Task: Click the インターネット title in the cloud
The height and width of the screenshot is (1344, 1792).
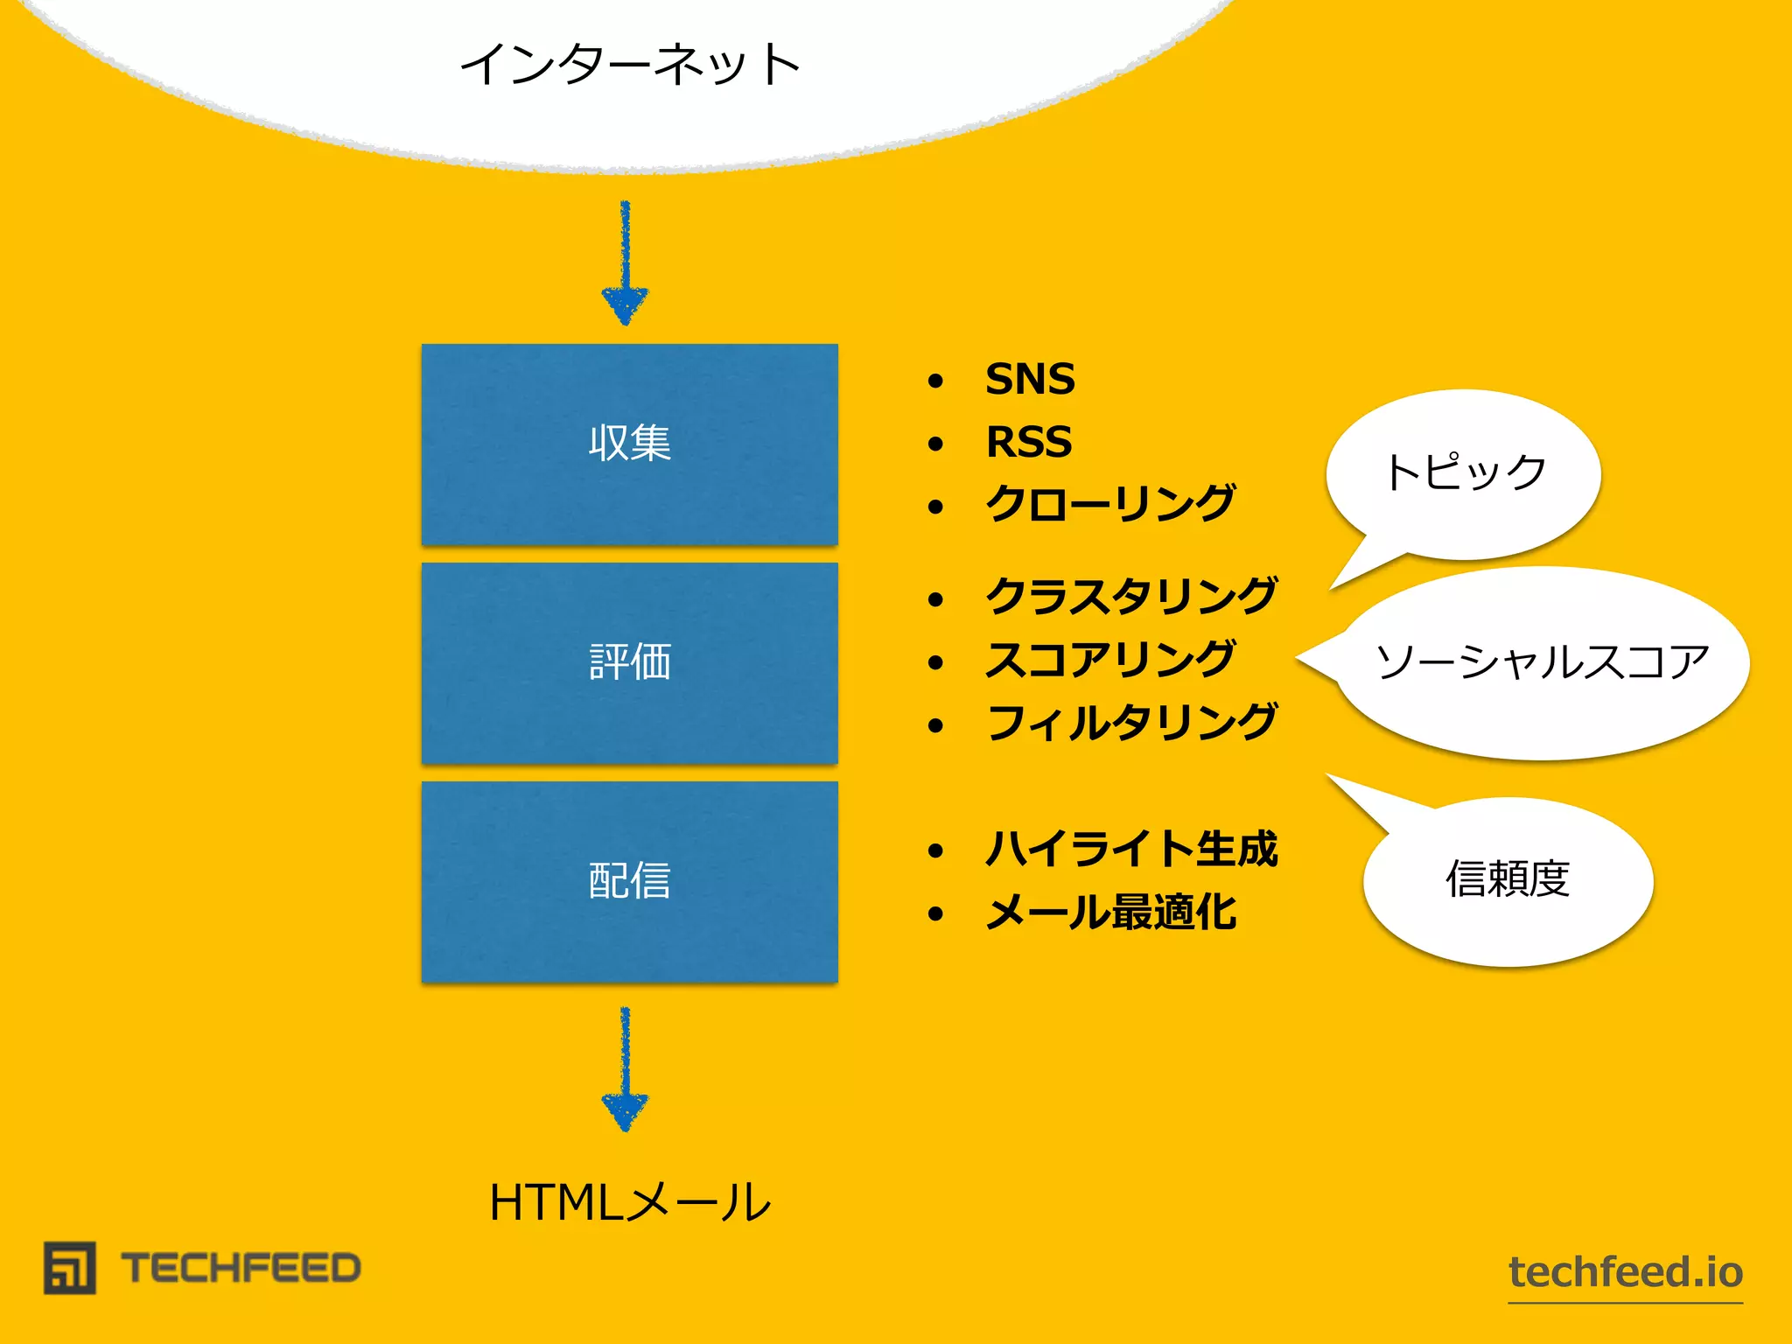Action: (630, 65)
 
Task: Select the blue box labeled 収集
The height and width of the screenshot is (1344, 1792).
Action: (629, 444)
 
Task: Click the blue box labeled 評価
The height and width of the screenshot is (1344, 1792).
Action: (629, 662)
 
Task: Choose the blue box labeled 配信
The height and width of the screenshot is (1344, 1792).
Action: (629, 881)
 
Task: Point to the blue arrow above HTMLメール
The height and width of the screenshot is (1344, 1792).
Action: (625, 1069)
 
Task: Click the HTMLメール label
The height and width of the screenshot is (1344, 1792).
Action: (630, 1202)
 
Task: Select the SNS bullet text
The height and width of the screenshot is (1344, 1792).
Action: (1030, 380)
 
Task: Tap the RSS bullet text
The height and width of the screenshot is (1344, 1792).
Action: (1028, 443)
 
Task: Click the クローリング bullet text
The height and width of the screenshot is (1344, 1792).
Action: (1109, 505)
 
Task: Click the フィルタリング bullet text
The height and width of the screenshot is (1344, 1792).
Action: (1131, 724)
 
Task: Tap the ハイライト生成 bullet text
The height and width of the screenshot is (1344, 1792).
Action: (1131, 850)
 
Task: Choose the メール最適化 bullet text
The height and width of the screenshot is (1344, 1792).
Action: (1109, 913)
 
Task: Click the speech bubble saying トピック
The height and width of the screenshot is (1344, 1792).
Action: (1464, 473)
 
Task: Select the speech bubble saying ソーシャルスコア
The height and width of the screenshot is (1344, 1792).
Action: (1542, 662)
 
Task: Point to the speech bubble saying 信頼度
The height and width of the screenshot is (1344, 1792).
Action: (1507, 880)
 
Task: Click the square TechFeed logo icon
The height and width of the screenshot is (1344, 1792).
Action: (70, 1268)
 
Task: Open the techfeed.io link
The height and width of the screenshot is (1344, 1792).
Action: (1625, 1272)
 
